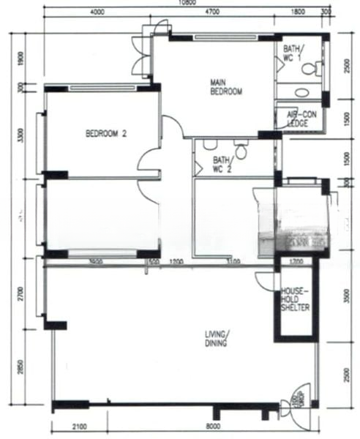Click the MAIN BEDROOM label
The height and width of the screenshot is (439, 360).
[x=226, y=87]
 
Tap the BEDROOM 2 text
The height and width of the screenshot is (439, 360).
[x=106, y=133]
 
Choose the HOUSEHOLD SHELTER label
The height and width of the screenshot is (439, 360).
[x=295, y=299]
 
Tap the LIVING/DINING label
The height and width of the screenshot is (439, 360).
[x=216, y=339]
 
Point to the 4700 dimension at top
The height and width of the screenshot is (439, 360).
[x=212, y=12]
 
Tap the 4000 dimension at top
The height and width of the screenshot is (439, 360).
[x=97, y=12]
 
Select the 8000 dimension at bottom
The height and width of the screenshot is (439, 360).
[x=213, y=427]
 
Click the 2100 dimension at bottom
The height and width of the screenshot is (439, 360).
[x=80, y=427]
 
